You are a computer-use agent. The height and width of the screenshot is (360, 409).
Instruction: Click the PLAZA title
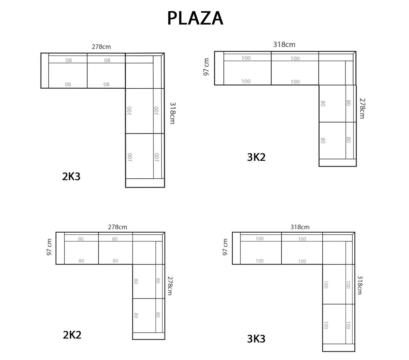point(195,18)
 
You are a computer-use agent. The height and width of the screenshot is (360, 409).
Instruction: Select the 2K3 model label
point(71,176)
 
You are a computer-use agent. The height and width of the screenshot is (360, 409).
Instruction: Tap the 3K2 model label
point(256,157)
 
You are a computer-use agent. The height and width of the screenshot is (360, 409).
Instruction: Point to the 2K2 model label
point(72,335)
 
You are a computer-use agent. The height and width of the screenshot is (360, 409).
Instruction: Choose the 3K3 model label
point(256,339)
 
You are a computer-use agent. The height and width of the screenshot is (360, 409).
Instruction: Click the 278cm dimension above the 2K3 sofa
point(101,47)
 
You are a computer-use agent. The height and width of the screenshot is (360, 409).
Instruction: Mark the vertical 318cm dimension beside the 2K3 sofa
point(172,113)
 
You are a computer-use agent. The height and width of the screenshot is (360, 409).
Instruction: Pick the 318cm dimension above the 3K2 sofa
point(284,45)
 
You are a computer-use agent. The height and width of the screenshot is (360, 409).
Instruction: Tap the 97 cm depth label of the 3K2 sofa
point(206,67)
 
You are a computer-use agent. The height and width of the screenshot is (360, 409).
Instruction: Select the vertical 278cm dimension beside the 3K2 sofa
point(362,108)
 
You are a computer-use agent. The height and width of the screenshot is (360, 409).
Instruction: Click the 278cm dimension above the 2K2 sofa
point(117,227)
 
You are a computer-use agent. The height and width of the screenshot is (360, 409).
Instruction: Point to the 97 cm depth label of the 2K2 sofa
point(49,247)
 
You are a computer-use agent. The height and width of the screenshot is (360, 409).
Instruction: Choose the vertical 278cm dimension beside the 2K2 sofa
point(170,286)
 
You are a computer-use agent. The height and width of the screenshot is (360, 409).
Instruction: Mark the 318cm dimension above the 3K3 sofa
point(300,227)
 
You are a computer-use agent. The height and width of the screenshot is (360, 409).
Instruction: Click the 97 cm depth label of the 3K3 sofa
point(225,247)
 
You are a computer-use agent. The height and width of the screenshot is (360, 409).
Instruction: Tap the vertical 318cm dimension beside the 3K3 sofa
point(360,285)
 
